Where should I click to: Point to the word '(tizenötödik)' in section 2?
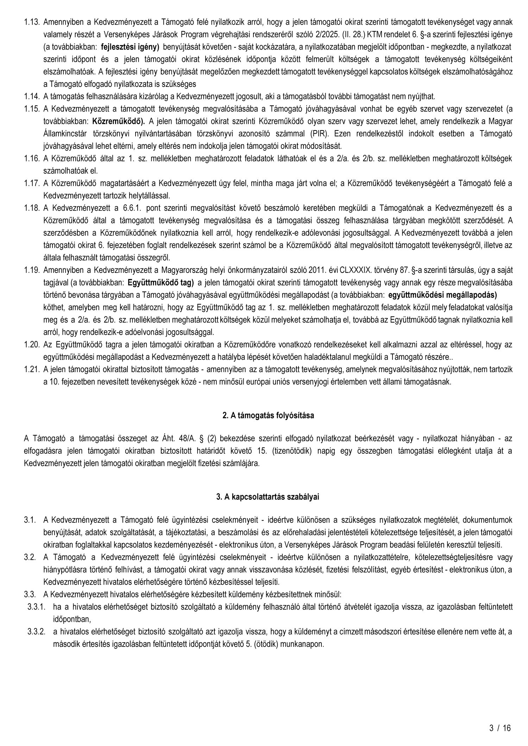pyautogui.click(x=294, y=451)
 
